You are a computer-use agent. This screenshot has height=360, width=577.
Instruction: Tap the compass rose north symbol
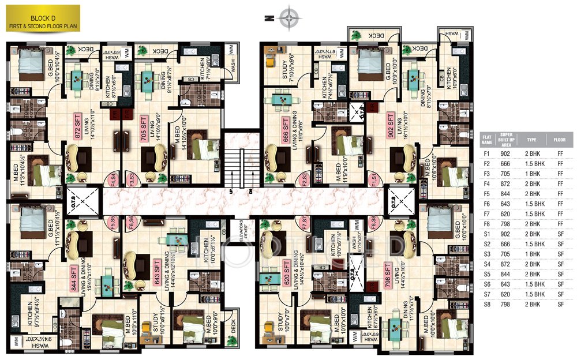(x=287, y=17)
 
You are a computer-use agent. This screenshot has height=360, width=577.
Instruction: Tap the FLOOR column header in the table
(x=559, y=139)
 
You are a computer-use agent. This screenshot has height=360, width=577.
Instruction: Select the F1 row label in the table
(x=486, y=153)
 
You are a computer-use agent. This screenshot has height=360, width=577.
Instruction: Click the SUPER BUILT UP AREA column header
(x=505, y=139)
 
